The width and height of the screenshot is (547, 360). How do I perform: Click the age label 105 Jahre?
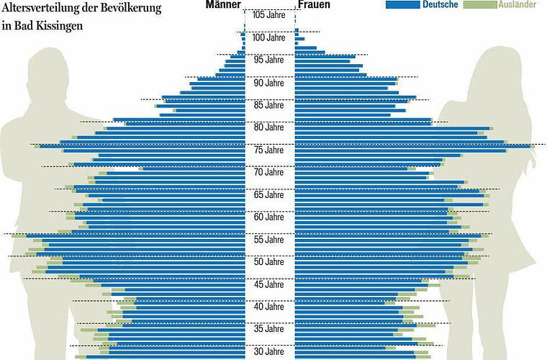[270, 15]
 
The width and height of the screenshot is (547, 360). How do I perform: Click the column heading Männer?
[223, 5]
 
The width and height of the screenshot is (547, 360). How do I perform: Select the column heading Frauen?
[314, 5]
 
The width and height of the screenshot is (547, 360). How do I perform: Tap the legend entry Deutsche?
[441, 4]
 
